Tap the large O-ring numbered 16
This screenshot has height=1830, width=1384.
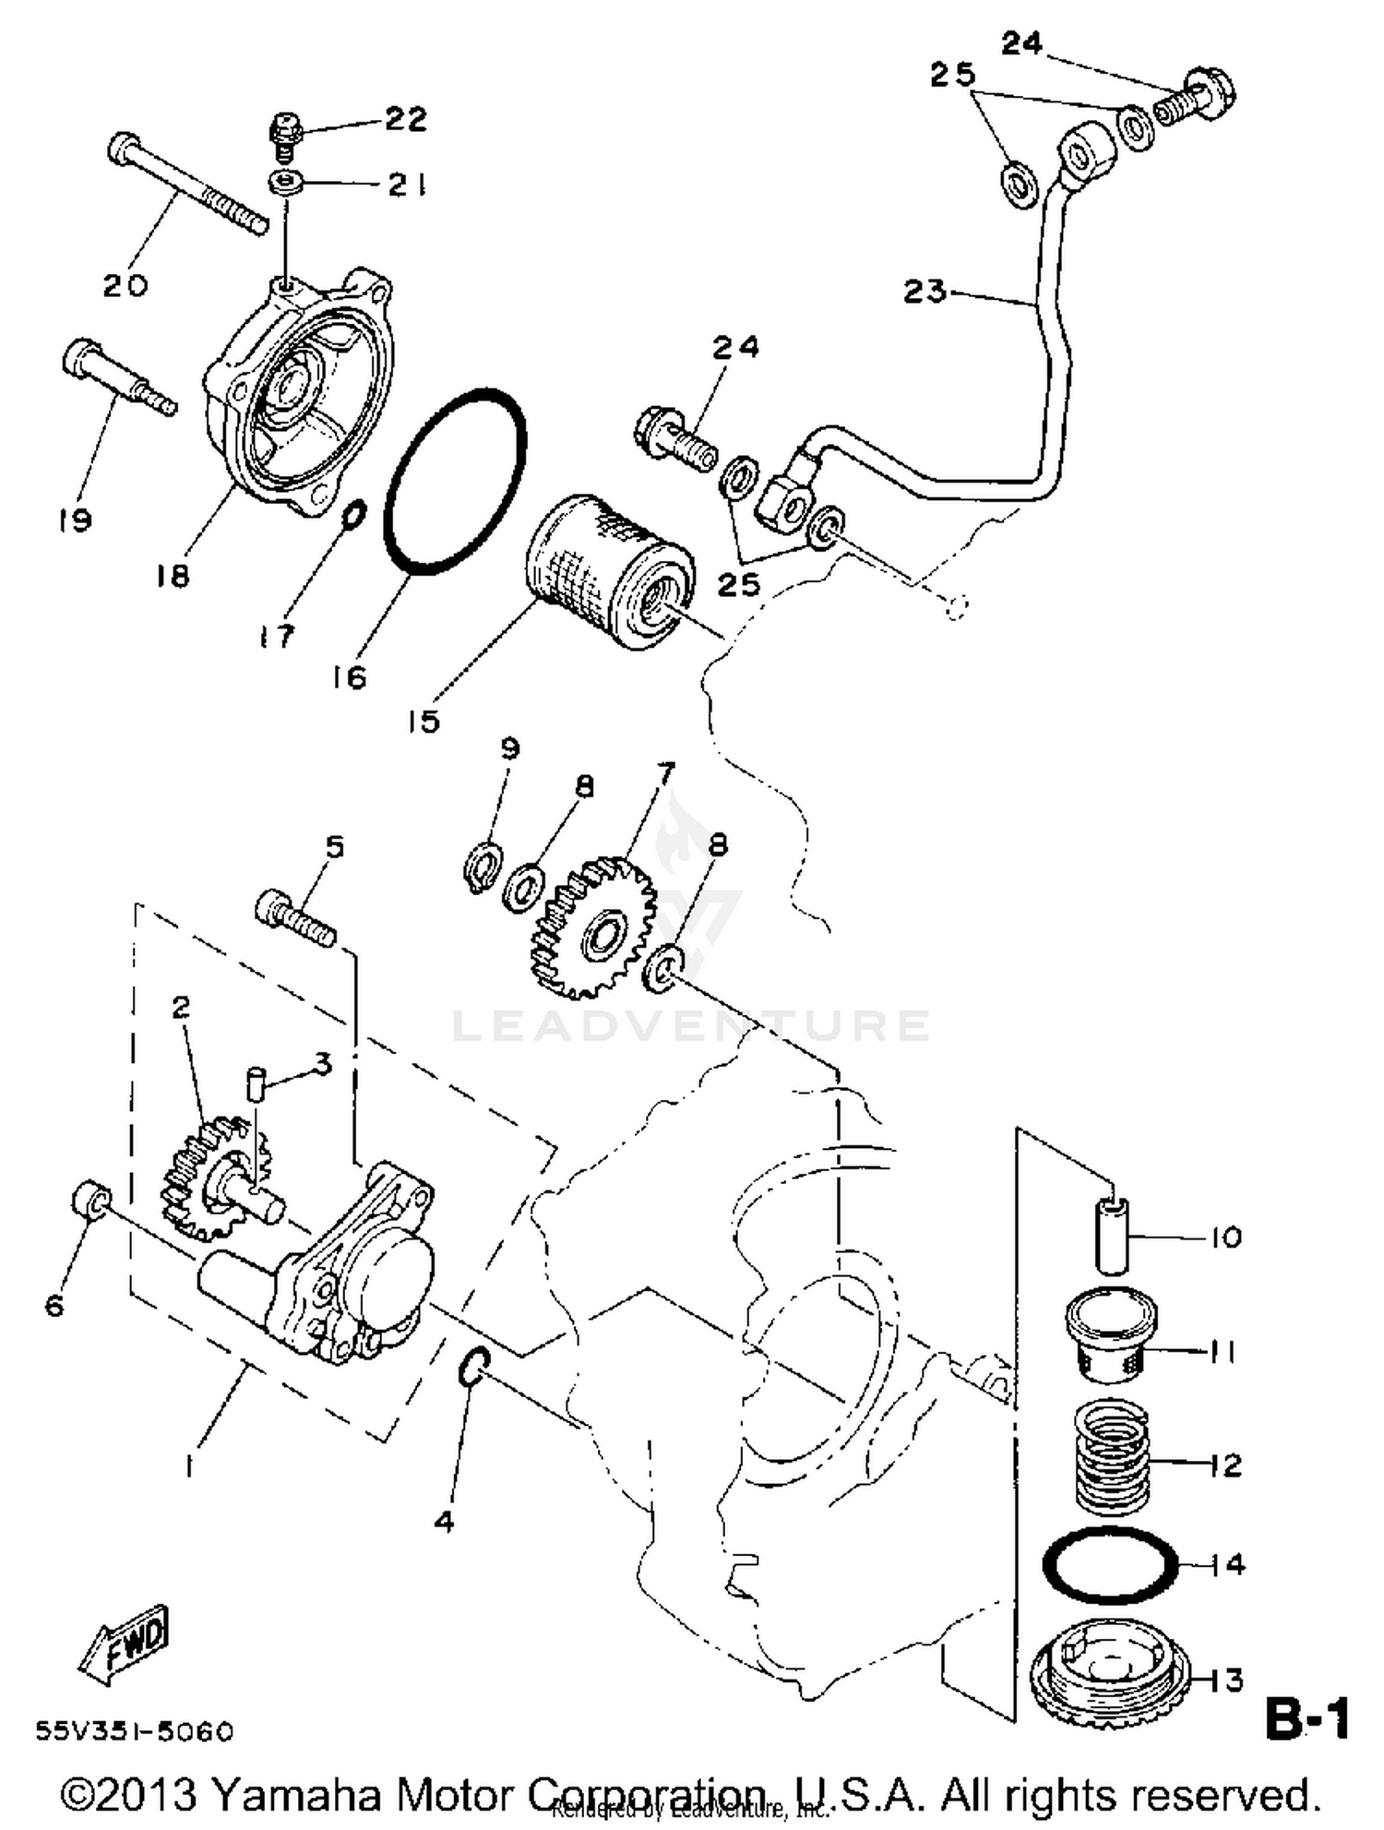tap(455, 483)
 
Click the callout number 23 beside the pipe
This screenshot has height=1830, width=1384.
tap(925, 293)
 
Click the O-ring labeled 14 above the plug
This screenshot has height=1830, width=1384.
tap(1111, 1565)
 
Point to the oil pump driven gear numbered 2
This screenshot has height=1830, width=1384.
tap(208, 1177)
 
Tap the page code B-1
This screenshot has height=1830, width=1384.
tap(1306, 1719)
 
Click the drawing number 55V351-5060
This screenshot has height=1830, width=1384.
tap(135, 1731)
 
